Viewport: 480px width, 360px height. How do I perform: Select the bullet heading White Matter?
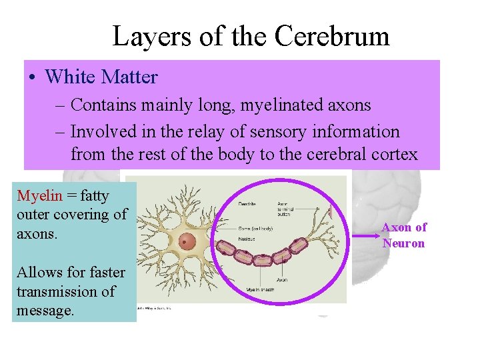tap(101, 77)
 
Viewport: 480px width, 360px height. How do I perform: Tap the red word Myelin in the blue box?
tap(39, 196)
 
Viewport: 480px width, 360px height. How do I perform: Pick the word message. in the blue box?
tap(45, 311)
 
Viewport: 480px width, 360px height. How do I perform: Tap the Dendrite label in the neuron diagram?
tap(249, 204)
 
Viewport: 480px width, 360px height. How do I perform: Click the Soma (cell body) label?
tap(255, 229)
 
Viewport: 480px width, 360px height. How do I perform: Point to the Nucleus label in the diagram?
tap(247, 239)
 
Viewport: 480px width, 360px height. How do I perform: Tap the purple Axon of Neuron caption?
tap(403, 235)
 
